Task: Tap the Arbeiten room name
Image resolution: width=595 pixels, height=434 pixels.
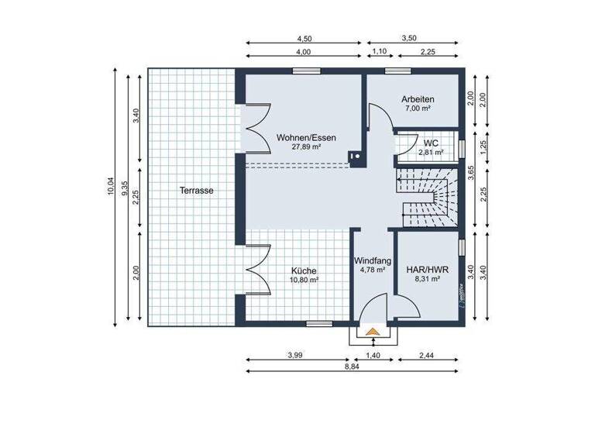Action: pyautogui.click(x=418, y=99)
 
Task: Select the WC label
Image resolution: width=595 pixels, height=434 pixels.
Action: pyautogui.click(x=432, y=143)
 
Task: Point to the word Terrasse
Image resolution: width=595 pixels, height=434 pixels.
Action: pyautogui.click(x=196, y=190)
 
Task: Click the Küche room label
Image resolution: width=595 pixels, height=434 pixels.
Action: pyautogui.click(x=303, y=270)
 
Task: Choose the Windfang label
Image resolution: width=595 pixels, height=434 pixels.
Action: pyautogui.click(x=372, y=260)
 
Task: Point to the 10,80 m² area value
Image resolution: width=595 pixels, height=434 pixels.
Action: pyautogui.click(x=304, y=280)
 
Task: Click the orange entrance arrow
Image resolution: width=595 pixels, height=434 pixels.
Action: pyautogui.click(x=373, y=332)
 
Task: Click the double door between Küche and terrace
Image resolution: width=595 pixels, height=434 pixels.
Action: pyautogui.click(x=255, y=269)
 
